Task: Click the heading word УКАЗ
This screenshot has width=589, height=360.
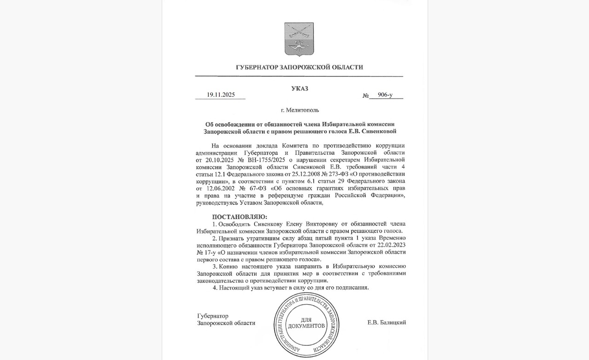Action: click(x=299, y=88)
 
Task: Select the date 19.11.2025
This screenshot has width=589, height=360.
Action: click(x=220, y=95)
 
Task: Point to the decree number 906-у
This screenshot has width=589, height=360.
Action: click(x=385, y=95)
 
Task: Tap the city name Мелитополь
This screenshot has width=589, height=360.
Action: click(x=302, y=110)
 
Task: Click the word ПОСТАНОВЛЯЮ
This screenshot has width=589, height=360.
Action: click(x=239, y=216)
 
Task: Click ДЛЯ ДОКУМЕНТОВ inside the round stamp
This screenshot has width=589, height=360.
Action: click(x=306, y=322)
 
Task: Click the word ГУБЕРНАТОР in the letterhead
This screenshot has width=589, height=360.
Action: click(x=256, y=67)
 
